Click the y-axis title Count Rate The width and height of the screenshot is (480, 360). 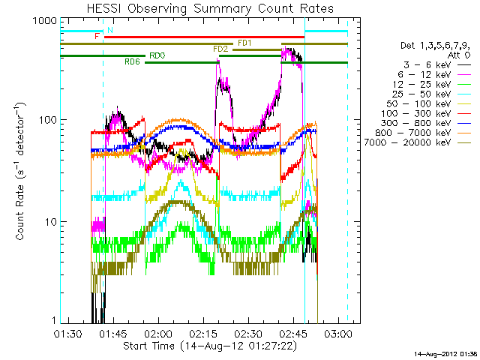tap(22, 172)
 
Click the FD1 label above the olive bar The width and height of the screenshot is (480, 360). tap(244, 43)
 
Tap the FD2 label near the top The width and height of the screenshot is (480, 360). tap(220, 49)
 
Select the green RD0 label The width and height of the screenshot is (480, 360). tap(157, 55)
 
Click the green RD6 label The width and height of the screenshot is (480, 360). tap(132, 61)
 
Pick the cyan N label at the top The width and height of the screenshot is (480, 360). tap(110, 30)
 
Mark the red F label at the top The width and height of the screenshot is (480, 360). tap(97, 36)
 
